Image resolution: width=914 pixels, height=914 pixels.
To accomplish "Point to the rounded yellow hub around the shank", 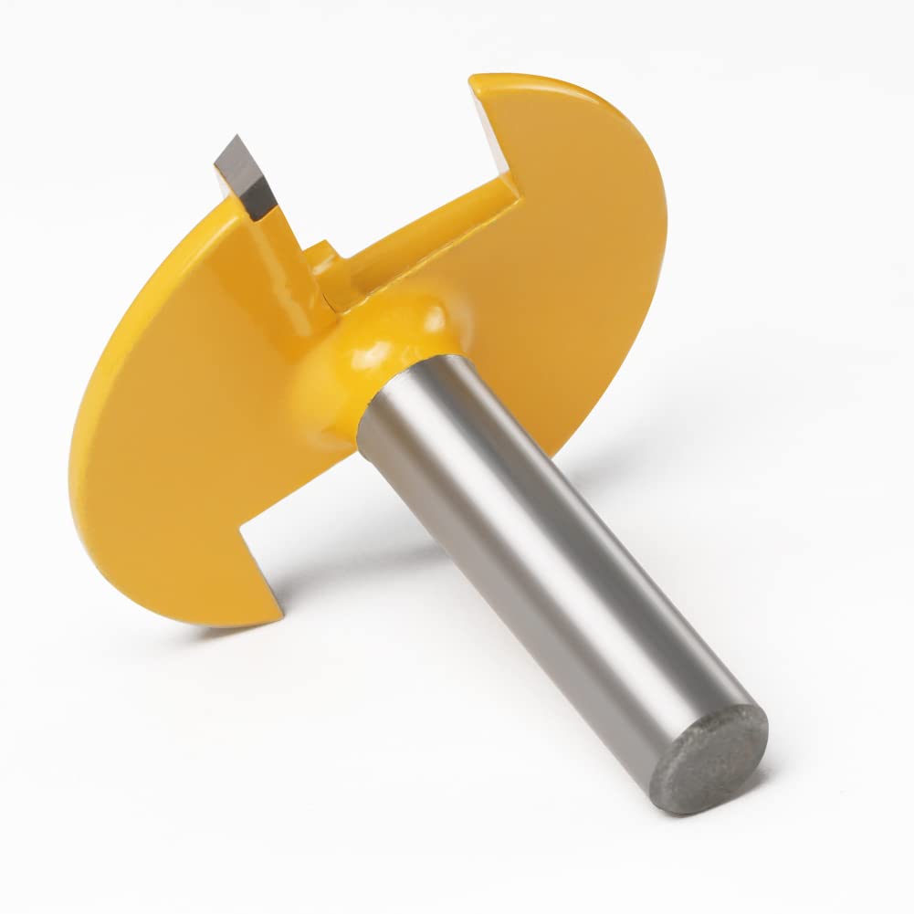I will [383, 356].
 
